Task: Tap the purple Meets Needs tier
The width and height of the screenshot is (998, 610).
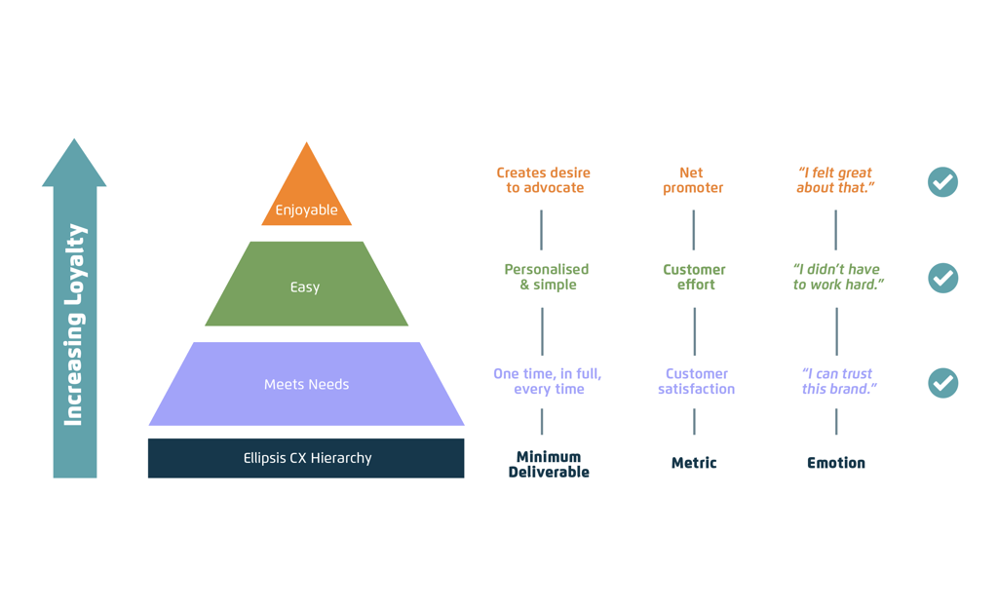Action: pyautogui.click(x=306, y=384)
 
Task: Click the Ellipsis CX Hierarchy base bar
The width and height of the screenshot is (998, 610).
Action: pyautogui.click(x=306, y=458)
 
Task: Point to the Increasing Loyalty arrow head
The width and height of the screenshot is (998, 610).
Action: pyautogui.click(x=74, y=164)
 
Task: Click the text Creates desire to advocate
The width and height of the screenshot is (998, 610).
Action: pyautogui.click(x=544, y=180)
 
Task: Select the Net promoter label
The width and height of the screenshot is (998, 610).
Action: pyautogui.click(x=692, y=180)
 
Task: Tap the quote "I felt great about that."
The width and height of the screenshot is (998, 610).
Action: pyautogui.click(x=835, y=180)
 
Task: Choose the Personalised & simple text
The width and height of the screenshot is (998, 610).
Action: pyautogui.click(x=547, y=277)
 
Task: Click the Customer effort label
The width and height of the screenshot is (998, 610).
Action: pyautogui.click(x=694, y=277)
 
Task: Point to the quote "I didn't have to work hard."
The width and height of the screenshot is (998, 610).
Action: pyautogui.click(x=837, y=277)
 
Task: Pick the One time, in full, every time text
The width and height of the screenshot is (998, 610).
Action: pyautogui.click(x=548, y=381)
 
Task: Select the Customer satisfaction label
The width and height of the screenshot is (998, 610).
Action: pyautogui.click(x=696, y=381)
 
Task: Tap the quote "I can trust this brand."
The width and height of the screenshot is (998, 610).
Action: pyautogui.click(x=838, y=381)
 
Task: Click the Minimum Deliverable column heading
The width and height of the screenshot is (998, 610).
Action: pyautogui.click(x=549, y=464)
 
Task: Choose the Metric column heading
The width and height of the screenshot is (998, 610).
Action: pyautogui.click(x=694, y=463)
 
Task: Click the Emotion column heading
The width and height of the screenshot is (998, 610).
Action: pyautogui.click(x=836, y=463)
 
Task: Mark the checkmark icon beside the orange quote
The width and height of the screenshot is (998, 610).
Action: pyautogui.click(x=942, y=182)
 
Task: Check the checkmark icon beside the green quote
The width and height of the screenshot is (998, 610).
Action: pyautogui.click(x=942, y=278)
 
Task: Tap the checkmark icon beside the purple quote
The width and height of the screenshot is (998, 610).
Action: pyautogui.click(x=942, y=383)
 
